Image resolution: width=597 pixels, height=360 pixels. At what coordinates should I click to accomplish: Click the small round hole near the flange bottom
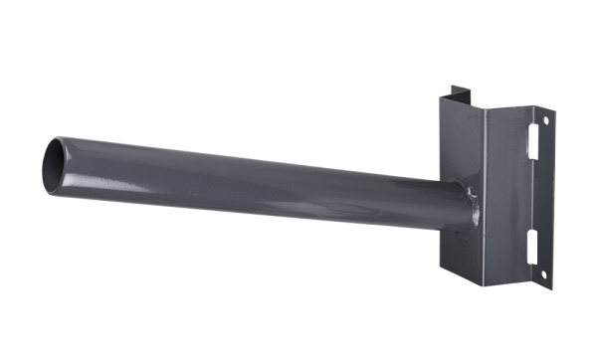pos(543,273)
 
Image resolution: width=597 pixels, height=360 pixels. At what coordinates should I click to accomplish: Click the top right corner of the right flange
pos(553,111)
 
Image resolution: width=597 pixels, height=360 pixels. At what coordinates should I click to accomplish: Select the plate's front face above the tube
pos(460,139)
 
